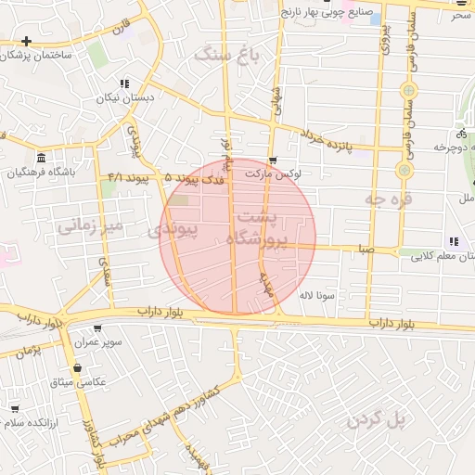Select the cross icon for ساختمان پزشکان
click(x=27, y=42)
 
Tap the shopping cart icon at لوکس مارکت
click(x=272, y=160)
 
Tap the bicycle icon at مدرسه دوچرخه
click(x=463, y=133)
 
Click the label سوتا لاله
click(x=316, y=296)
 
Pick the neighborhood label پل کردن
click(x=378, y=420)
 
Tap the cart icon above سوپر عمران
click(x=97, y=327)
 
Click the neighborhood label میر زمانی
click(x=90, y=225)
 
